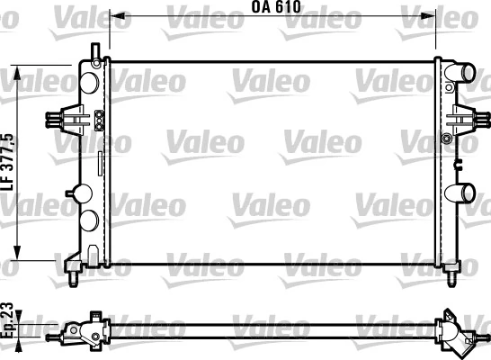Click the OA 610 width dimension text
tap(274, 7)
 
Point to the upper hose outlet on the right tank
tap(463, 72)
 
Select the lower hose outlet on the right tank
tap(464, 192)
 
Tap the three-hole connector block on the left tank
tap(98, 117)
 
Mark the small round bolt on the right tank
tap(447, 139)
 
